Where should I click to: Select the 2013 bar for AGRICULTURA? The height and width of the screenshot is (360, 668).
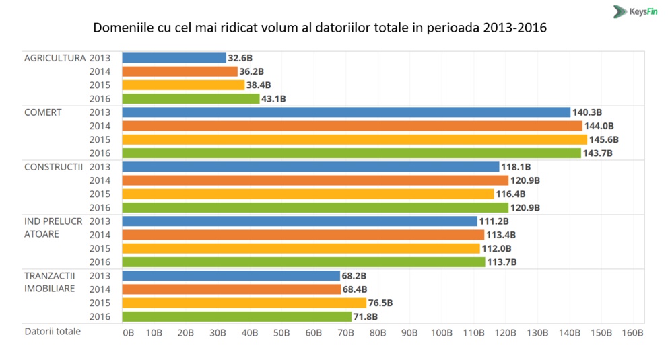174,58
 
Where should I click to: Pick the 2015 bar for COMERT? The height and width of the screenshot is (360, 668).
354,139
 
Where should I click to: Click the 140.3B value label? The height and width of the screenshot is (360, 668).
587,112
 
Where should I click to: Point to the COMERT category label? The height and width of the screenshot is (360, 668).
43,112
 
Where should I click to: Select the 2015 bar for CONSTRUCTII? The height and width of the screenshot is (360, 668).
308,194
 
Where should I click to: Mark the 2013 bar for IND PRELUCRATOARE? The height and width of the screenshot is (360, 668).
300,221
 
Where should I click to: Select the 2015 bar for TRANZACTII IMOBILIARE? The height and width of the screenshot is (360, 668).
244,303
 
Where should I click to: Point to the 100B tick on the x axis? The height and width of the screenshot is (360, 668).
441,332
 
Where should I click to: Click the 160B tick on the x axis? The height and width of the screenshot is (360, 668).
633,332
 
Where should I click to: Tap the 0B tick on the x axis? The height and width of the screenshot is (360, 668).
128,332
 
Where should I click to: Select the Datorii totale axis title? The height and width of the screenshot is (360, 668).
53,331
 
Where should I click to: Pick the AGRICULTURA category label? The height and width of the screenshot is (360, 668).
55,58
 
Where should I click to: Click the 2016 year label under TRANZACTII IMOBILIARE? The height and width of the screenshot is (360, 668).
100,316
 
